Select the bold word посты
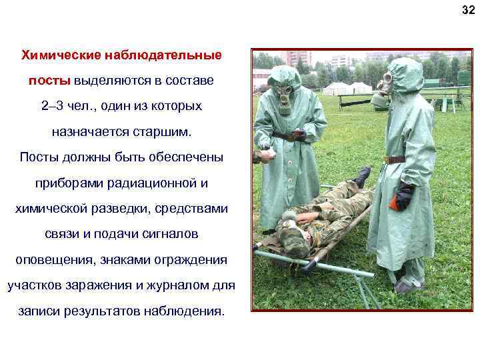(x=49, y=80)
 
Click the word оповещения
(x=58, y=259)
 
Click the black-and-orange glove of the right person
(x=403, y=197)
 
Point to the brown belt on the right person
(x=395, y=159)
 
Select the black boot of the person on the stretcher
(x=362, y=176)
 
